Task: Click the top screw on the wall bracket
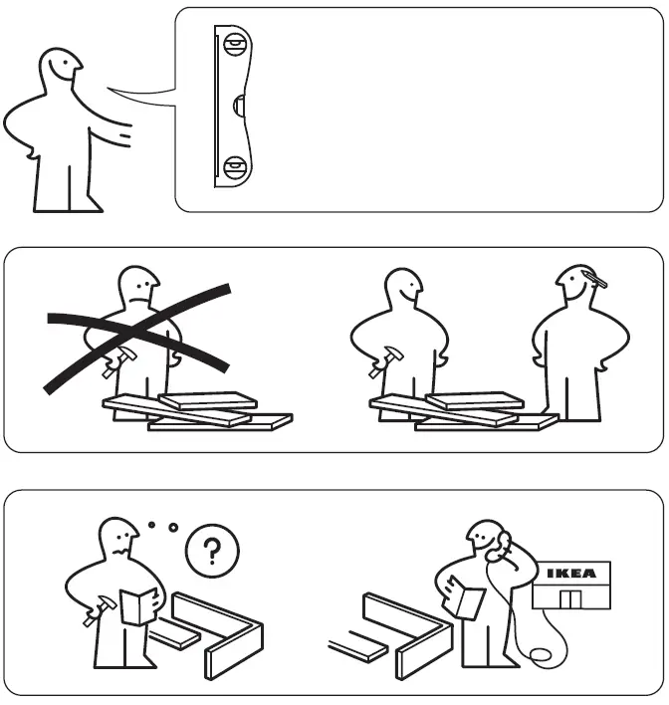235,44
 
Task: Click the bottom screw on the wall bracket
235,166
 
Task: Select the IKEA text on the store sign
572,574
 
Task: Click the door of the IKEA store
571,598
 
